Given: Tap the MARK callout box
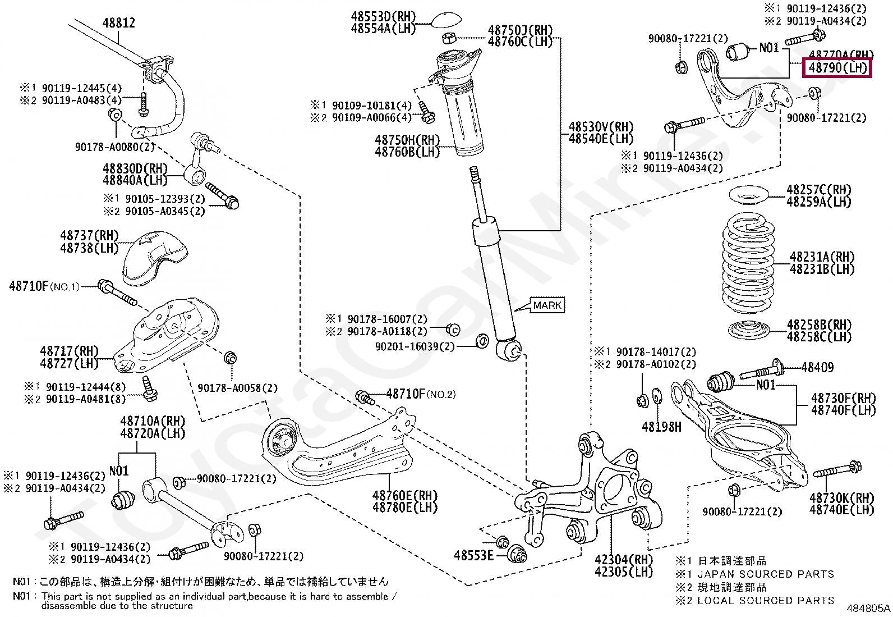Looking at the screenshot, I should (x=547, y=305).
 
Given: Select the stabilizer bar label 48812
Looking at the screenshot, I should (x=119, y=23).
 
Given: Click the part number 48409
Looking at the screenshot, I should (x=817, y=368).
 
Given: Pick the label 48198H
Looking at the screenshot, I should (x=661, y=427).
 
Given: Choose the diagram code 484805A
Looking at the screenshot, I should (x=868, y=608).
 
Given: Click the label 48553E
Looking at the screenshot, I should (x=473, y=555).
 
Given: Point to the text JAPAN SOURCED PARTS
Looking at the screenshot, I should (x=765, y=574).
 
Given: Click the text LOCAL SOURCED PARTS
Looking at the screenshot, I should (x=765, y=601).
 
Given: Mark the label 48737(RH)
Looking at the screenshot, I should (x=89, y=236).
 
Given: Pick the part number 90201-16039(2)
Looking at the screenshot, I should (x=415, y=346).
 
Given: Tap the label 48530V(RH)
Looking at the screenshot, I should (x=601, y=127).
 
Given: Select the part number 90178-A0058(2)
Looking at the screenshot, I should (x=237, y=388).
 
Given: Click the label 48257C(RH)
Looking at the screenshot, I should (x=819, y=190).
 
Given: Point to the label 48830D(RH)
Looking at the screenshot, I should (x=135, y=168).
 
